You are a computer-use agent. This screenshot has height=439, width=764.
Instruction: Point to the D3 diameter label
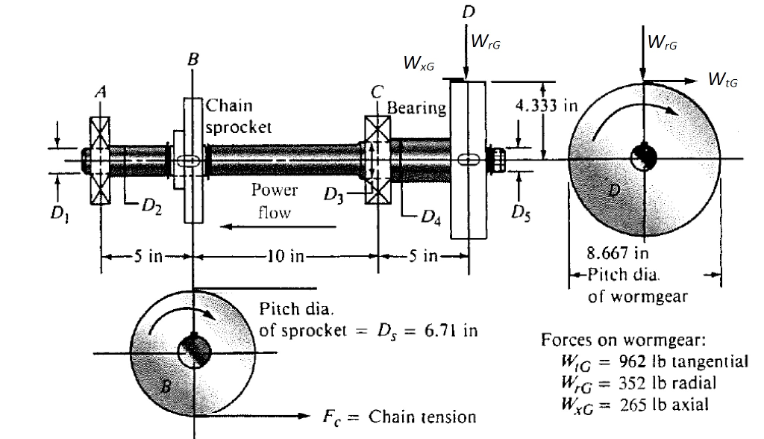pyautogui.click(x=334, y=199)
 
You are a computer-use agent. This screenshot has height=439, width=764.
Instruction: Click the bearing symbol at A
pyautogui.click(x=100, y=160)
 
